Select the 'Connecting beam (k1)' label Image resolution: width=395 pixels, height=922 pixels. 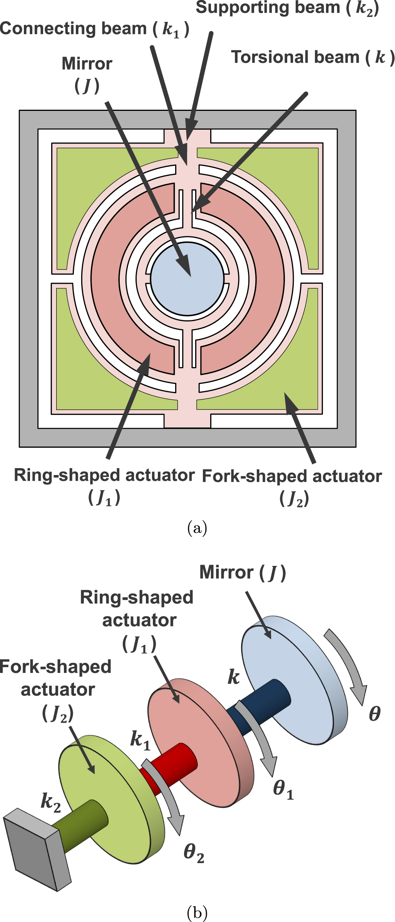coord(94,29)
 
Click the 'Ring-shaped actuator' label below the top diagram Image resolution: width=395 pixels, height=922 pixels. coord(104,476)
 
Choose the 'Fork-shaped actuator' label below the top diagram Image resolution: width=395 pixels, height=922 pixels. coord(292,477)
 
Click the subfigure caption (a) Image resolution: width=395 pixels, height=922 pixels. coord(197,528)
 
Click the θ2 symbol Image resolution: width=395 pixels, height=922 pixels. coord(194,852)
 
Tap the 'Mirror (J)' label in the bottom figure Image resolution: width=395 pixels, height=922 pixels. coord(243,572)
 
